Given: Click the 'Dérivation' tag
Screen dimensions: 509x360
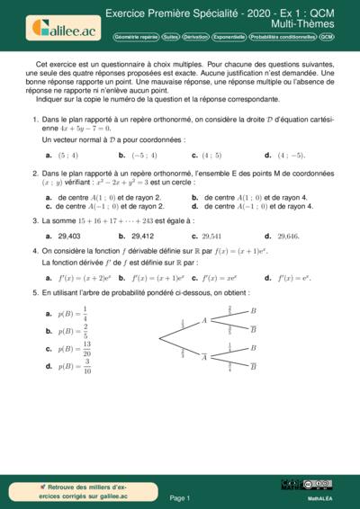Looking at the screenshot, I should coord(195,38).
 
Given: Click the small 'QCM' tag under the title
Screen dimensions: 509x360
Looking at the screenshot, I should coord(327,38).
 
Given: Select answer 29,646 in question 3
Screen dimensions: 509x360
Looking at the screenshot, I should coord(287,236).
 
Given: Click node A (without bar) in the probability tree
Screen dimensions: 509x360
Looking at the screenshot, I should coord(204,320).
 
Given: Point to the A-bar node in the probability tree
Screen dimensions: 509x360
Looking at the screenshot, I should coord(204,356).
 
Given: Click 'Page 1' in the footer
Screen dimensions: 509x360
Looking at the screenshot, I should coord(180,497).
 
